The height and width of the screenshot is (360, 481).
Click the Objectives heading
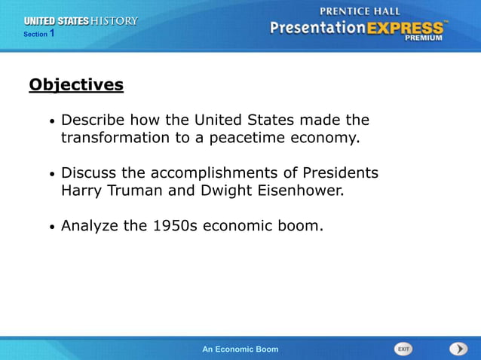click(76, 84)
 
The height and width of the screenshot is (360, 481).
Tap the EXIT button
click(404, 349)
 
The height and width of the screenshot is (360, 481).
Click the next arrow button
click(458, 349)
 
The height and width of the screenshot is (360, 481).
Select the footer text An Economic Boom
click(240, 349)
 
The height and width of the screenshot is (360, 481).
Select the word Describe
click(93, 121)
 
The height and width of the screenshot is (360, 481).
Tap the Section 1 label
click(39, 34)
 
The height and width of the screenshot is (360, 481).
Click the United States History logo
click(81, 21)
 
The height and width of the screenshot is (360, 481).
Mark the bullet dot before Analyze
click(51, 227)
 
